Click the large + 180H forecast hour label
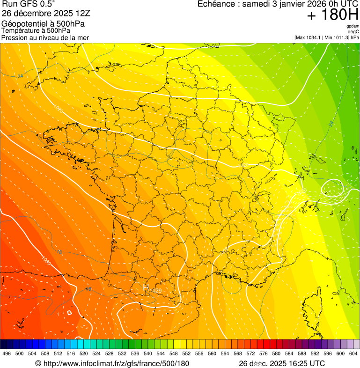(332, 15)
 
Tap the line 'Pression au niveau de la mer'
(45, 37)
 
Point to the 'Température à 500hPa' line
(36, 30)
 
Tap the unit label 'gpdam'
(353, 26)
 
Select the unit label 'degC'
(354, 31)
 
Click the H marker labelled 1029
(155, 290)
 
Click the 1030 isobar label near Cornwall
(58, 109)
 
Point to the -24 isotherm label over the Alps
(331, 124)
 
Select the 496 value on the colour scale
(6, 353)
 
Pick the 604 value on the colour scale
(353, 353)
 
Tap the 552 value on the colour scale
(186, 353)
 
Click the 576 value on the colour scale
(263, 353)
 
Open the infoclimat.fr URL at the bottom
(112, 363)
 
